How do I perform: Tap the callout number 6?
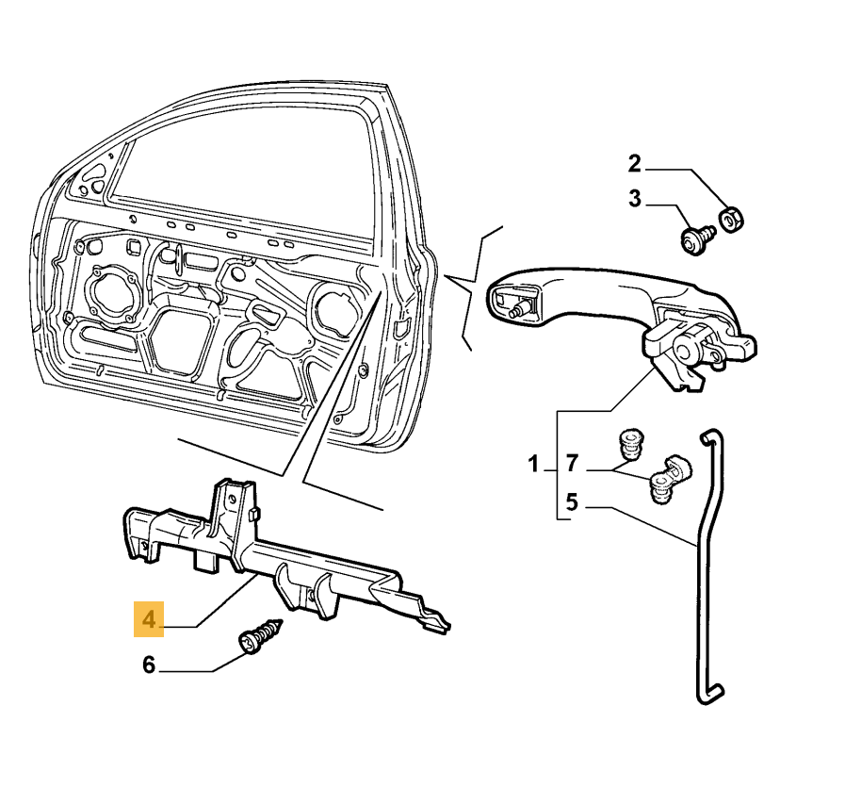(x=149, y=665)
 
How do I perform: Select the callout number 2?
(x=634, y=164)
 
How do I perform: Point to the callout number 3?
(x=634, y=199)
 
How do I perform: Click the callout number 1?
(x=533, y=464)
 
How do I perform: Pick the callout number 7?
(x=571, y=464)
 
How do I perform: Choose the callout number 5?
(x=571, y=502)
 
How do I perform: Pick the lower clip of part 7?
(x=666, y=481)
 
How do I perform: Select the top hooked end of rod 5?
(x=711, y=437)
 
